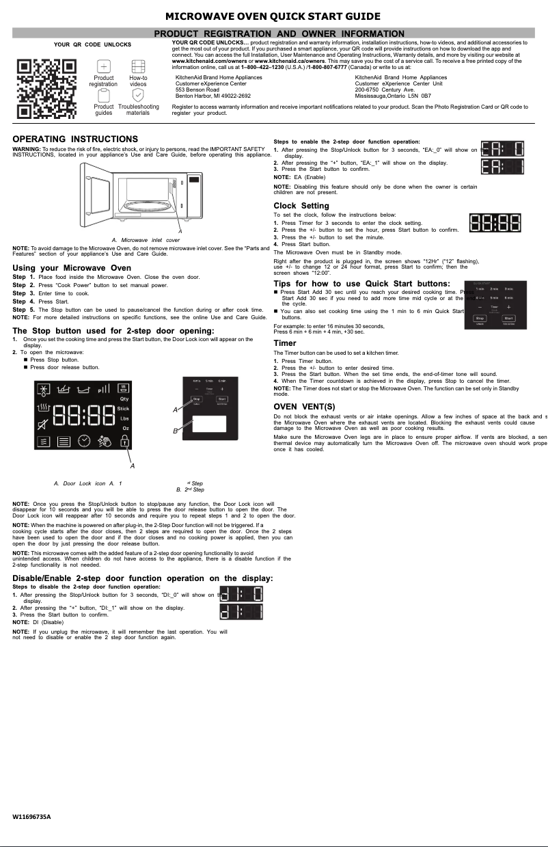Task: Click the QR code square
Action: (46, 89)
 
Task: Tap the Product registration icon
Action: (103, 66)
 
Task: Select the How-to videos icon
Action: (138, 66)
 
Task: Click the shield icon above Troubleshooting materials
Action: (138, 95)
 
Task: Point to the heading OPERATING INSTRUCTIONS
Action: (75, 139)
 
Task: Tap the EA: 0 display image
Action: (502, 149)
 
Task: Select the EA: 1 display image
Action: (502, 166)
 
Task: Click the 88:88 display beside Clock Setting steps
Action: (495, 223)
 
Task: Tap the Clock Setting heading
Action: (301, 206)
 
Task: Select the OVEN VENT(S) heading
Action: (304, 407)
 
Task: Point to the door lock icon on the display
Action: (124, 441)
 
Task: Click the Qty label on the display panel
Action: (124, 399)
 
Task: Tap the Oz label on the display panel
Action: (125, 428)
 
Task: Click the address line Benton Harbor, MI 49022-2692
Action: (213, 96)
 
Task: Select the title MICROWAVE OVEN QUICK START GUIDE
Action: (273, 16)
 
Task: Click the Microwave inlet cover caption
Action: (146, 240)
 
